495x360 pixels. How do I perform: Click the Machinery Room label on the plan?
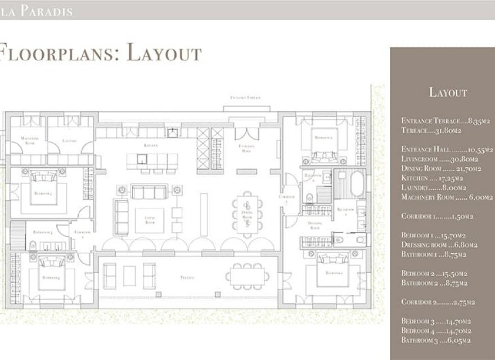point(29,140)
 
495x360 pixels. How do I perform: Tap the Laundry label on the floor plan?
point(70,141)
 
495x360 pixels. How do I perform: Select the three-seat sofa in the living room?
point(149,192)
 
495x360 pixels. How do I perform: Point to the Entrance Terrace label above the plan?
point(245,98)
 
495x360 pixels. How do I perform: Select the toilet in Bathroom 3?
point(33,245)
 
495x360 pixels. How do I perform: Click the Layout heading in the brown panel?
point(448,92)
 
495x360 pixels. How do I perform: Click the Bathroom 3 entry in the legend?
point(436,340)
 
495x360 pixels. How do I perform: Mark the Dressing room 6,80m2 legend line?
point(439,245)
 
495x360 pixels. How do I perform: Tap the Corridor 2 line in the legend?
point(438,302)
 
